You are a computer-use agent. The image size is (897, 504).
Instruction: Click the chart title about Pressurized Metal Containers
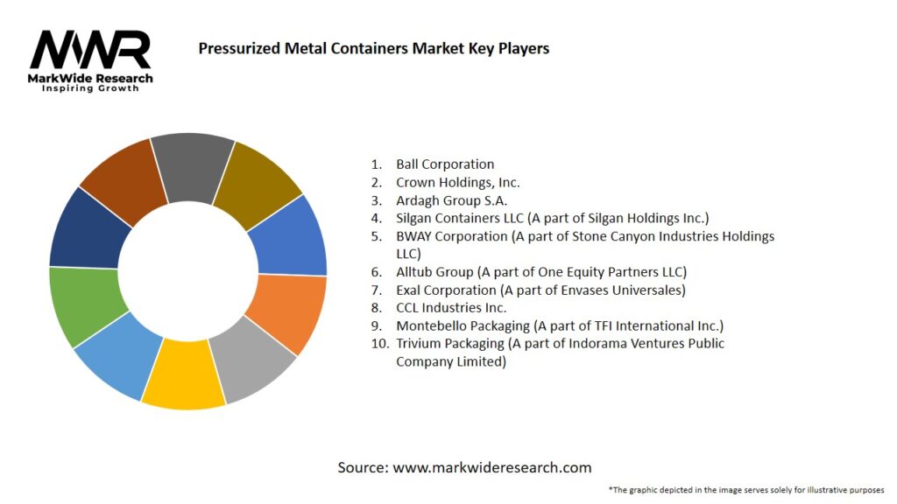[373, 48]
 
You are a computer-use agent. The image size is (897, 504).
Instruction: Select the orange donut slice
[286, 312]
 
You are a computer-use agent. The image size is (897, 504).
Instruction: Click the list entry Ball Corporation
[445, 164]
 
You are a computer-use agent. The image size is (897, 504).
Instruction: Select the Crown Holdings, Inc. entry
[457, 182]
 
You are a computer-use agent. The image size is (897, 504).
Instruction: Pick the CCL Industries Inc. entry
[451, 307]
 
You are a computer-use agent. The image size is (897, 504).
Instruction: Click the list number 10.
[379, 344]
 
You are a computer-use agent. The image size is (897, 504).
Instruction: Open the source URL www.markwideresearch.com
[491, 467]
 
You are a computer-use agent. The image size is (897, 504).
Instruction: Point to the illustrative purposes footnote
[745, 489]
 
